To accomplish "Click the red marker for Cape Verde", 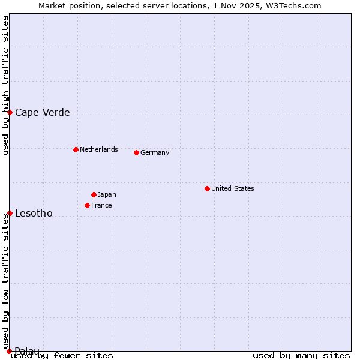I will tap(10, 112).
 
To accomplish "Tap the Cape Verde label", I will tap(42, 113).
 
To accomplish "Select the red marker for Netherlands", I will tap(76, 149).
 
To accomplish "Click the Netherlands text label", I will tap(98, 149).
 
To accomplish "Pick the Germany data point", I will tap(136, 152).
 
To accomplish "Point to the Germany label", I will tap(155, 152).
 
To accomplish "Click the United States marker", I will tap(207, 188).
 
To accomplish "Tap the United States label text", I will tap(232, 188).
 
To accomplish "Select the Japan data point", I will tap(94, 194).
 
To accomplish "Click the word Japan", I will tap(107, 194).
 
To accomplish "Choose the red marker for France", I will tap(87, 205).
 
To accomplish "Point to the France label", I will tap(101, 205).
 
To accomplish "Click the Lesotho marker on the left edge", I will tap(10, 213).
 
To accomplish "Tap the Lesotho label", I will tap(34, 214).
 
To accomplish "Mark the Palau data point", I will tap(10, 351).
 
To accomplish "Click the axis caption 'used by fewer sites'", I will tap(62, 355).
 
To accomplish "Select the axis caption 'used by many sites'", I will tap(301, 355).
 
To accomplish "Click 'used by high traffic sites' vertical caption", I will tap(5, 85).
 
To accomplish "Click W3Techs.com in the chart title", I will tap(293, 5).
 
